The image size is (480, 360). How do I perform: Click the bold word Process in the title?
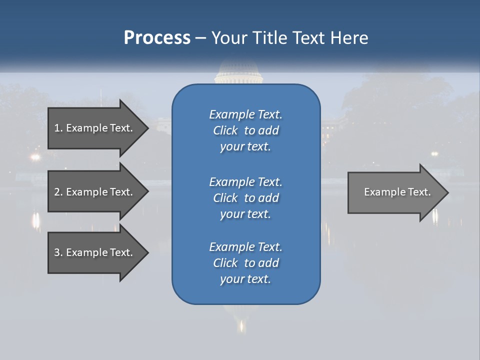pyautogui.click(x=157, y=38)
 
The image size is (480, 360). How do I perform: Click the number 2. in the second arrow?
pyautogui.click(x=58, y=192)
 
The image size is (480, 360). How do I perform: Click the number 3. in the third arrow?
pyautogui.click(x=58, y=252)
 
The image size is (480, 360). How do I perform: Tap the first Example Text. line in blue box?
pyautogui.click(x=245, y=114)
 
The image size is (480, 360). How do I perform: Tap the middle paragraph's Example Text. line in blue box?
pyautogui.click(x=245, y=182)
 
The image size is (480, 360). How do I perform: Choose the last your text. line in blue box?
pyautogui.click(x=245, y=279)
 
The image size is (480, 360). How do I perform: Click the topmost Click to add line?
pyautogui.click(x=245, y=130)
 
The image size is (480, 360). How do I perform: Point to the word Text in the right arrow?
pyautogui.click(x=419, y=192)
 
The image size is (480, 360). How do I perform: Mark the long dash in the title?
pyautogui.click(x=201, y=38)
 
